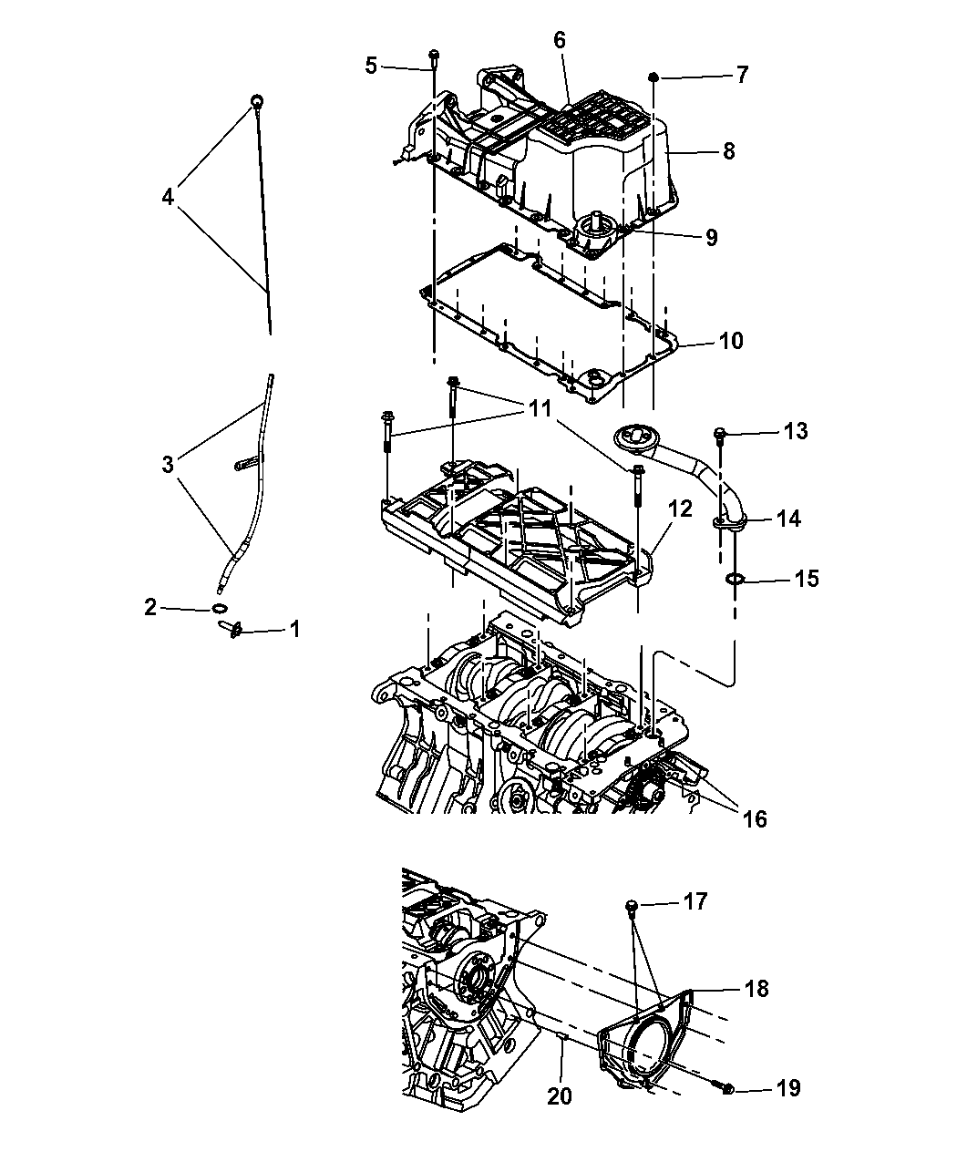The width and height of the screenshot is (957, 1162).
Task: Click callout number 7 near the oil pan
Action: click(742, 75)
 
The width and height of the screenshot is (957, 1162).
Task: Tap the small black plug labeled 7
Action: click(654, 77)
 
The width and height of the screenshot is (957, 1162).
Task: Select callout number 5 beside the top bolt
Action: click(371, 66)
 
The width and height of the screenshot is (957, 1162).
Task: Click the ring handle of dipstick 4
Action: click(257, 102)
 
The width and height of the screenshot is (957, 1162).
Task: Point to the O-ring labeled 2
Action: click(219, 608)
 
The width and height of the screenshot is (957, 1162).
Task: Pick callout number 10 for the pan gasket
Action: click(731, 341)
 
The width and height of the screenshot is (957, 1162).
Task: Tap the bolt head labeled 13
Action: click(719, 432)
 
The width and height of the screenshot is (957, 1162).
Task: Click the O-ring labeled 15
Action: click(735, 580)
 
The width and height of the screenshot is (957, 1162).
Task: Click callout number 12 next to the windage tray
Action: click(680, 509)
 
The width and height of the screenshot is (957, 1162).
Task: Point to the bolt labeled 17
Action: click(633, 905)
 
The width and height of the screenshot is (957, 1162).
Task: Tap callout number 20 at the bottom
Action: click(560, 1096)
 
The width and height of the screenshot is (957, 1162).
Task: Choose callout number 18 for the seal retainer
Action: click(756, 988)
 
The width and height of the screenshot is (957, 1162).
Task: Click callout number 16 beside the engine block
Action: click(755, 818)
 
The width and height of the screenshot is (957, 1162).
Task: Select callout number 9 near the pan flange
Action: click(712, 238)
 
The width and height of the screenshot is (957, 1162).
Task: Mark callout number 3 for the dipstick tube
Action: click(168, 464)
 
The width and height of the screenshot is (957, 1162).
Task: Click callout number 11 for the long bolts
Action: click(540, 408)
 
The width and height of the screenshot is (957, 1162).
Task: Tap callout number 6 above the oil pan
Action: click(559, 40)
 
